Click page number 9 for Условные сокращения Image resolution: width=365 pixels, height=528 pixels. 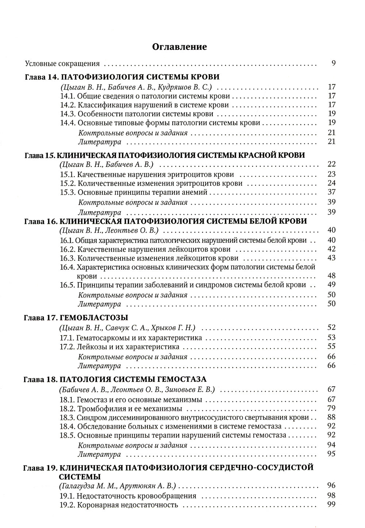tap(333, 63)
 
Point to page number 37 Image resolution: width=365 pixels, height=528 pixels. tap(331, 192)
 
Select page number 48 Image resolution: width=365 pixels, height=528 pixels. tap(331, 276)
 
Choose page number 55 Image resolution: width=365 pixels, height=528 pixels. tap(331, 346)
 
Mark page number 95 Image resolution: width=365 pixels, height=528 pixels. tap(331, 454)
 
